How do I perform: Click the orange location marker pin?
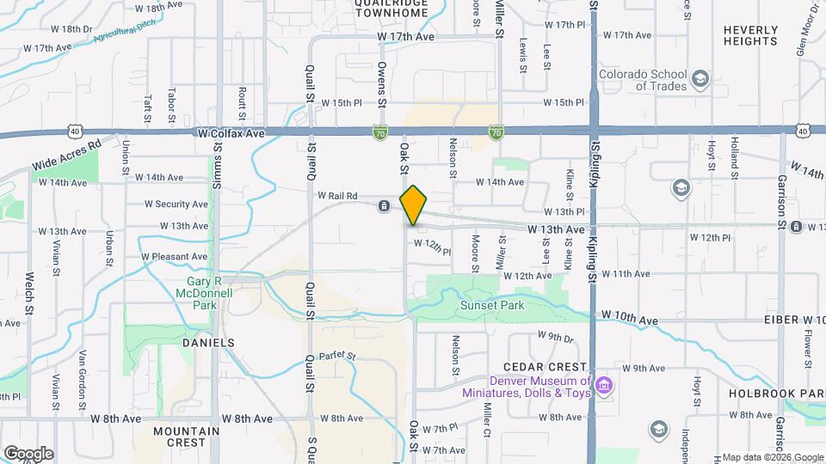(x=414, y=205)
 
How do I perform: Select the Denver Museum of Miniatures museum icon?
(x=604, y=383)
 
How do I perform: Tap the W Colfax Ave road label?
(x=231, y=134)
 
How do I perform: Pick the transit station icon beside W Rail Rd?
(x=384, y=205)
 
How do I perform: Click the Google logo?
(x=28, y=453)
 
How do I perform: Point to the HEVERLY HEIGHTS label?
(x=750, y=35)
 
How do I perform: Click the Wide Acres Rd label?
(x=65, y=155)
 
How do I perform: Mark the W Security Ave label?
(x=176, y=205)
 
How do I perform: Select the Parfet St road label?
(x=336, y=355)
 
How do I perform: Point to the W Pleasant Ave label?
(x=175, y=256)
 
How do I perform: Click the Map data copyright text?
(x=772, y=457)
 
